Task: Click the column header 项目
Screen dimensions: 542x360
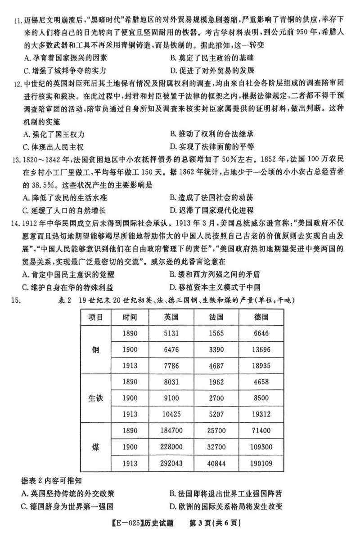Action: pyautogui.click(x=95, y=316)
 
